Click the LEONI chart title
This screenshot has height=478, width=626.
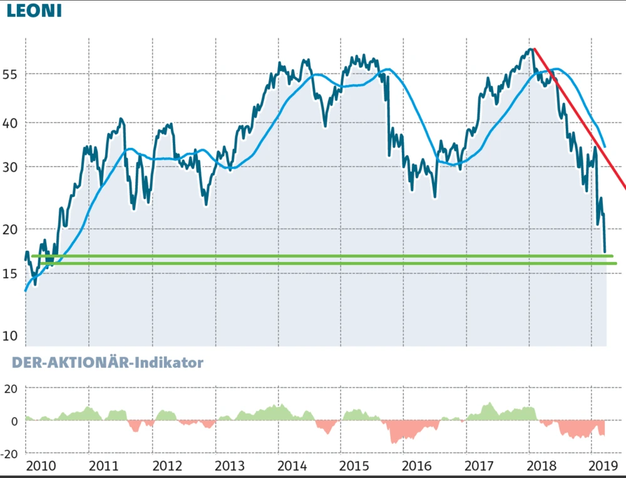[x=34, y=11]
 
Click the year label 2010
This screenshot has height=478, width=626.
[x=41, y=466]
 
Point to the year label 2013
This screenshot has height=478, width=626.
[x=229, y=466]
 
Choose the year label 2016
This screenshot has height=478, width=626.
[x=417, y=466]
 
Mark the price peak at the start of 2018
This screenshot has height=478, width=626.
[x=531, y=49]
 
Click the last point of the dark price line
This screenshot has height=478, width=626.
[x=605, y=252]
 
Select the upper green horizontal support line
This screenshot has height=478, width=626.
[x=313, y=256]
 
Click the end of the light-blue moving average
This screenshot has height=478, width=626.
[x=604, y=147]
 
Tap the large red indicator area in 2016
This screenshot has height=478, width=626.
[x=407, y=431]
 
